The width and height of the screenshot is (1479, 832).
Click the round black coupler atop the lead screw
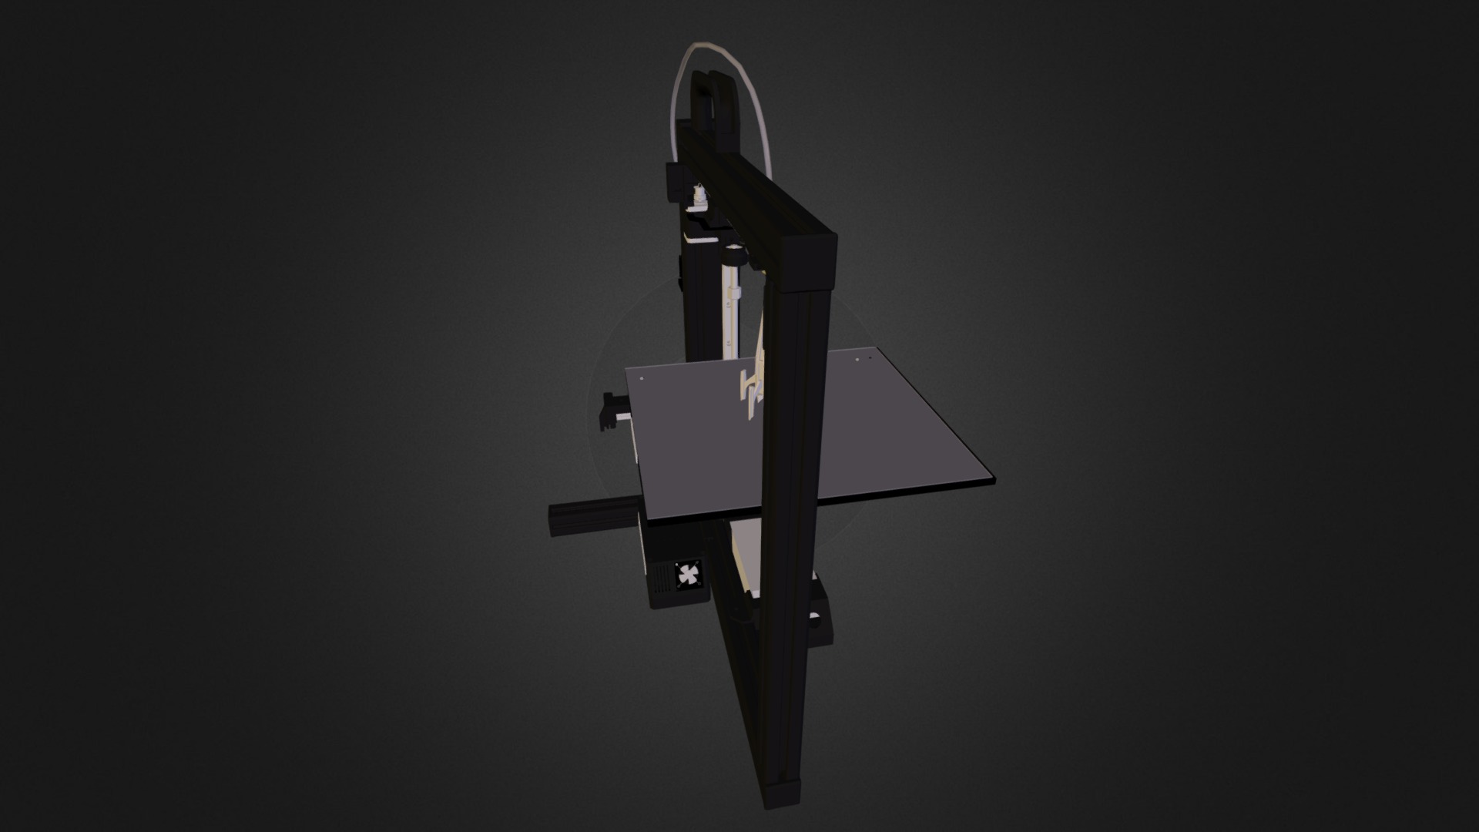click(735, 253)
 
